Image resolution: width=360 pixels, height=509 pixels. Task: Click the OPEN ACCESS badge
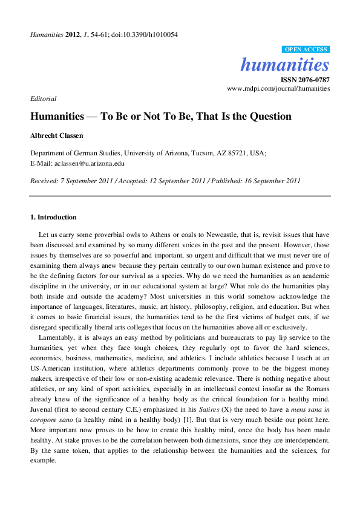tap(306, 50)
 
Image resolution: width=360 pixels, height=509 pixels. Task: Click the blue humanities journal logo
tap(285, 64)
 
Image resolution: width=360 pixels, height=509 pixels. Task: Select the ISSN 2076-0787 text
tap(305, 79)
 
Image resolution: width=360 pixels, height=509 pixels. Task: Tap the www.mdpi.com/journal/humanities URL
tap(278, 88)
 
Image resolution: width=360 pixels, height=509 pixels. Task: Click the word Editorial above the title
tap(43, 98)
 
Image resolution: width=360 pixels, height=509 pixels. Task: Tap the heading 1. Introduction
tap(53, 217)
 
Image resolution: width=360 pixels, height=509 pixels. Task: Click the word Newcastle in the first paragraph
tap(218, 233)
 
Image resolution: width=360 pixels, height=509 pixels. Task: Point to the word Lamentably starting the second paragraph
tap(56, 337)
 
